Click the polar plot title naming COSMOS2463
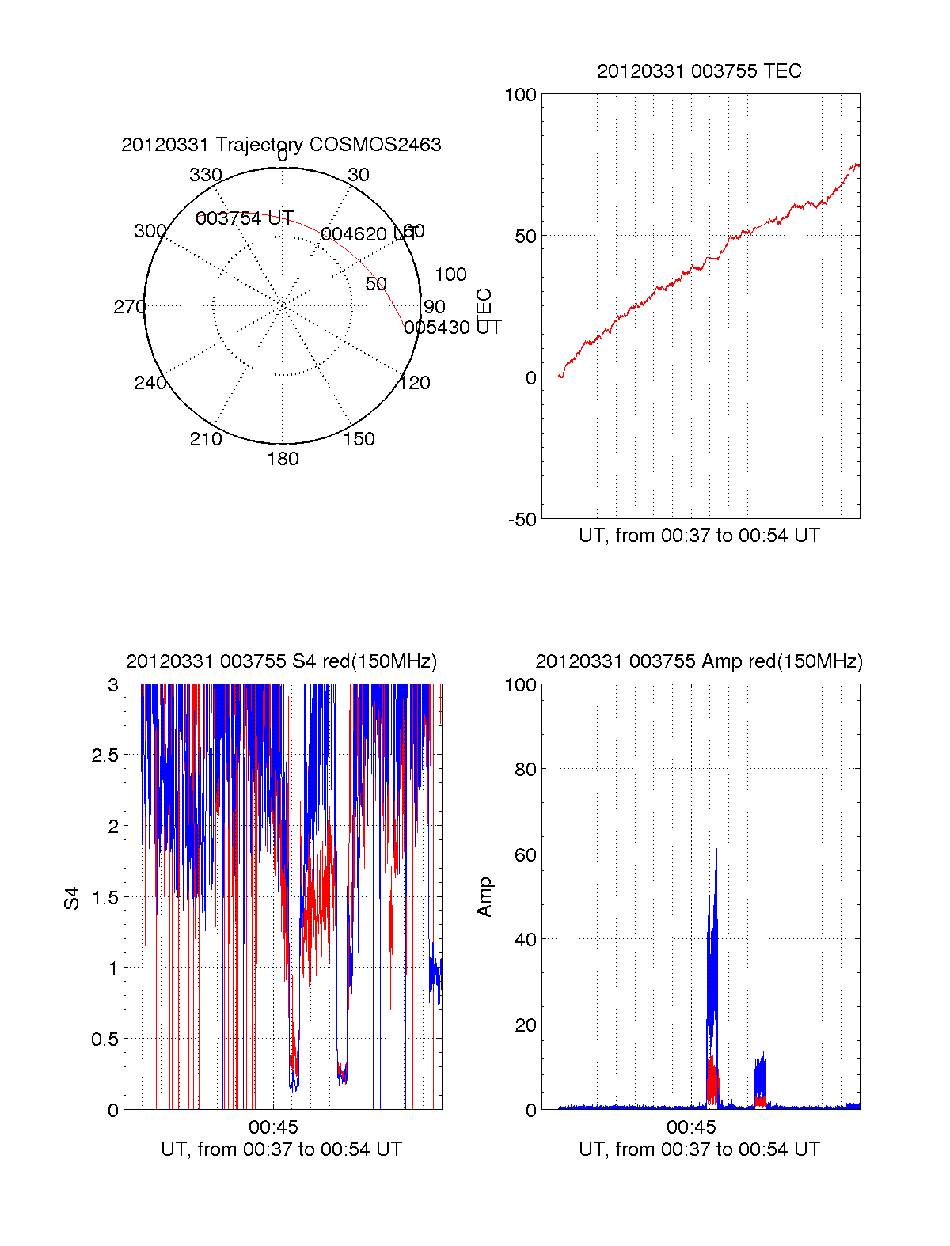tap(281, 145)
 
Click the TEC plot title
tap(699, 71)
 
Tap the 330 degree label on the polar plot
tap(206, 175)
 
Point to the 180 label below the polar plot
tap(283, 459)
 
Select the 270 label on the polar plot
tap(129, 307)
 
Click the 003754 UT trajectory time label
tap(244, 218)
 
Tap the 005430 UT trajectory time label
tap(452, 328)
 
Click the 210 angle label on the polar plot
tap(205, 439)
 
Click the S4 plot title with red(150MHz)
tap(281, 661)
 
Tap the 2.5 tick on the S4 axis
tap(104, 756)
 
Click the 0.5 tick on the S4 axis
tap(104, 1040)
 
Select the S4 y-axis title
tap(72, 898)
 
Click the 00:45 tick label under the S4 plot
tap(273, 1127)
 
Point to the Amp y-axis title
tap(484, 897)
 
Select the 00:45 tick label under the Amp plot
tap(691, 1127)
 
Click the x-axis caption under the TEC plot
tap(699, 536)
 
